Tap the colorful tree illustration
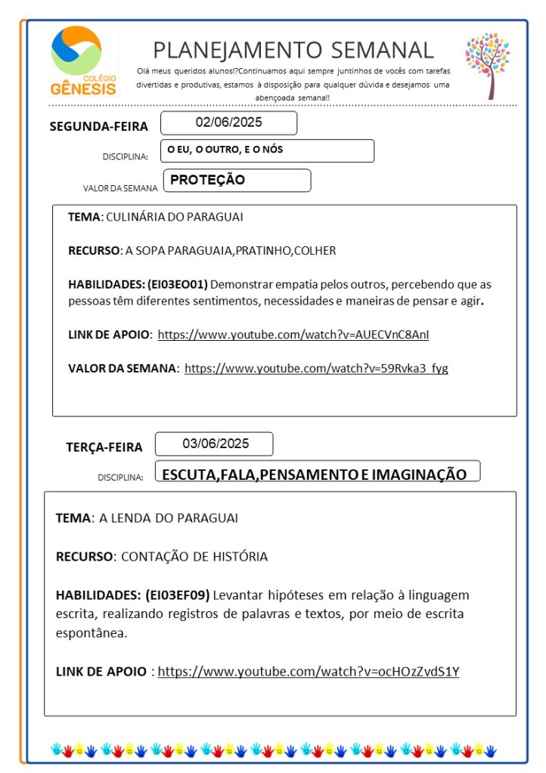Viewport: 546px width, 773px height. click(487, 63)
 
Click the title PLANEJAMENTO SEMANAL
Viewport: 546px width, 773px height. click(293, 50)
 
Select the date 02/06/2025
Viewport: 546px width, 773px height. click(228, 122)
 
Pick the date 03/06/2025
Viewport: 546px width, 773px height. click(215, 444)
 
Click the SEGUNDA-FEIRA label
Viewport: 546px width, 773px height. click(98, 126)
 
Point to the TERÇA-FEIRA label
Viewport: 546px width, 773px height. click(104, 447)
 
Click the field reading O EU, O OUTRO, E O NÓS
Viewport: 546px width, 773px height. click(267, 150)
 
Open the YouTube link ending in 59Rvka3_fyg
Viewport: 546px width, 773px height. click(316, 368)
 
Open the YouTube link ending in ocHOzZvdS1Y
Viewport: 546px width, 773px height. click(308, 671)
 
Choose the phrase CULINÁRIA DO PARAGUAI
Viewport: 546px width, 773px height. click(175, 217)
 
